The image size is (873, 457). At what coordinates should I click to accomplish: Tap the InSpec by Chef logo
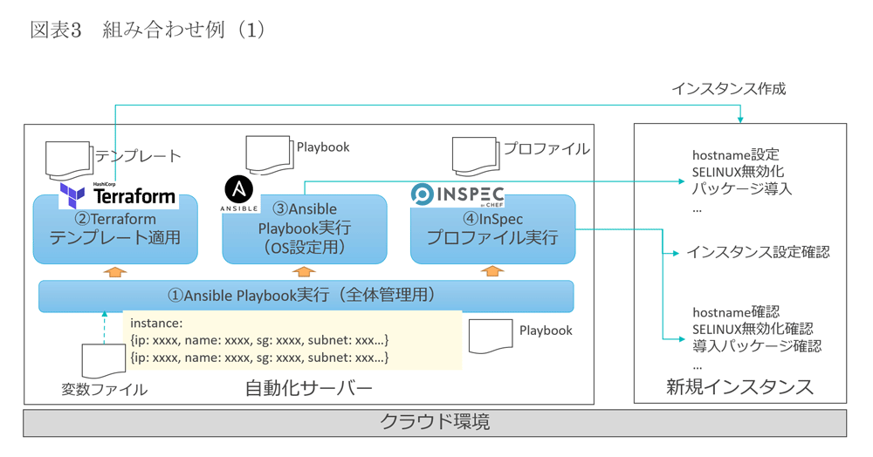tap(457, 194)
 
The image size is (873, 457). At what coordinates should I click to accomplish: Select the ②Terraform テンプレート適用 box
tap(115, 229)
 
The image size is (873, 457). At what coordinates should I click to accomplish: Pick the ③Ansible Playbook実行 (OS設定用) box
tap(304, 229)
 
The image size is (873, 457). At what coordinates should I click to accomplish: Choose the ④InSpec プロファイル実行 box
tap(492, 229)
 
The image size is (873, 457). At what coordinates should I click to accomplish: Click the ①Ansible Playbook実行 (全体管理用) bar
tap(306, 296)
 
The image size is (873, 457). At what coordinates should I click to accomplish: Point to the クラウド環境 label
tap(434, 423)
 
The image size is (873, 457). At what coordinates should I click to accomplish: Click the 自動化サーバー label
tap(309, 388)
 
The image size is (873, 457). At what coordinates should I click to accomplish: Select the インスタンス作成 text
tap(728, 89)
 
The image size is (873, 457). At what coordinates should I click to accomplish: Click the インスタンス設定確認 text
tap(757, 253)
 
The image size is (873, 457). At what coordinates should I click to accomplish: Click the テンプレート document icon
tap(69, 161)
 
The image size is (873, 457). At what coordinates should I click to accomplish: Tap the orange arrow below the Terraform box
tap(115, 272)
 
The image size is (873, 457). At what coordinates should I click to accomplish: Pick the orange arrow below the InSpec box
tap(492, 272)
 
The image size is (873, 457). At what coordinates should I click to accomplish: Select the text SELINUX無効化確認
tap(752, 329)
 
